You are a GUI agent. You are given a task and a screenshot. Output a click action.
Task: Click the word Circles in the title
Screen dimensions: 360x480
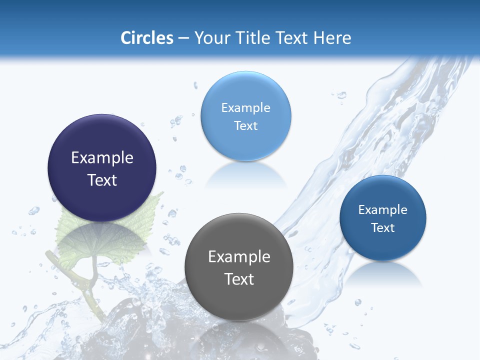click(x=146, y=38)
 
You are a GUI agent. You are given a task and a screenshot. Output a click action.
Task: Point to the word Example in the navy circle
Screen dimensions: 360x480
click(x=102, y=158)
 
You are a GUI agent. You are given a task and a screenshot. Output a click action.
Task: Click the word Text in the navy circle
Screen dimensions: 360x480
click(x=102, y=180)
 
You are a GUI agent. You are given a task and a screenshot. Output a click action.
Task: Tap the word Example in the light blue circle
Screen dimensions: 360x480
click(x=245, y=108)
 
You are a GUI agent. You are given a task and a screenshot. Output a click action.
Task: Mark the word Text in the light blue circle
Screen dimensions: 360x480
click(x=245, y=125)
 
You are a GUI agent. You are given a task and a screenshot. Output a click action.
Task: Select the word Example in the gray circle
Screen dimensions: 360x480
click(x=239, y=257)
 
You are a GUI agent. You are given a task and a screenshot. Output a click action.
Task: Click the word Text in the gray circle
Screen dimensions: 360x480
click(x=239, y=279)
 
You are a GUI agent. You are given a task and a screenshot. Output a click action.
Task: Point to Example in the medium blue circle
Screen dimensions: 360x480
click(x=383, y=210)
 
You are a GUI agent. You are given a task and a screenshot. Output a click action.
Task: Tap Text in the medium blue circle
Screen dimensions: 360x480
click(x=383, y=228)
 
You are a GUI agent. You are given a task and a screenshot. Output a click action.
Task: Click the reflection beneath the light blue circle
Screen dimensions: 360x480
click(x=245, y=176)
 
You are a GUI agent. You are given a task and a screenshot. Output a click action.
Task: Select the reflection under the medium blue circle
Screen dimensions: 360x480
click(x=383, y=273)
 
